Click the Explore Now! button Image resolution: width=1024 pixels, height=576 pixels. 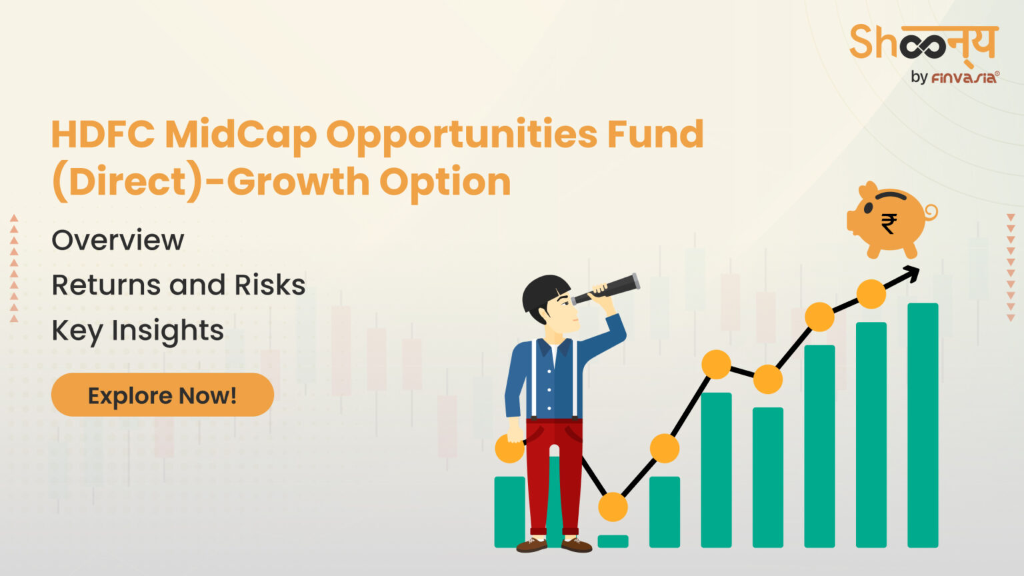(162, 395)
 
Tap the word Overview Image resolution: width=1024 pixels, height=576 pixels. (117, 240)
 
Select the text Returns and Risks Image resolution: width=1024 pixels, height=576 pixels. (178, 285)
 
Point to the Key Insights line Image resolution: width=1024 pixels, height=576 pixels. (137, 331)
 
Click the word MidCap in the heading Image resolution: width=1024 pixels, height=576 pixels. (240, 135)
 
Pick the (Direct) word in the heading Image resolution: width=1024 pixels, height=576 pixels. (127, 181)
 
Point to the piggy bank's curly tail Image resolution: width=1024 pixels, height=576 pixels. (931, 212)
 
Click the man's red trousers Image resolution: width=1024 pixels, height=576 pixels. (554, 473)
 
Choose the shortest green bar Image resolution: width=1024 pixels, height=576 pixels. (613, 541)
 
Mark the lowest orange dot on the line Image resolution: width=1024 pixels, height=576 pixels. (613, 507)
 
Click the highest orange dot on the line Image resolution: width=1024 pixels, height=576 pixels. (871, 294)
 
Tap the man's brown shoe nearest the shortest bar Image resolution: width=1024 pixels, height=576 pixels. (576, 545)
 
